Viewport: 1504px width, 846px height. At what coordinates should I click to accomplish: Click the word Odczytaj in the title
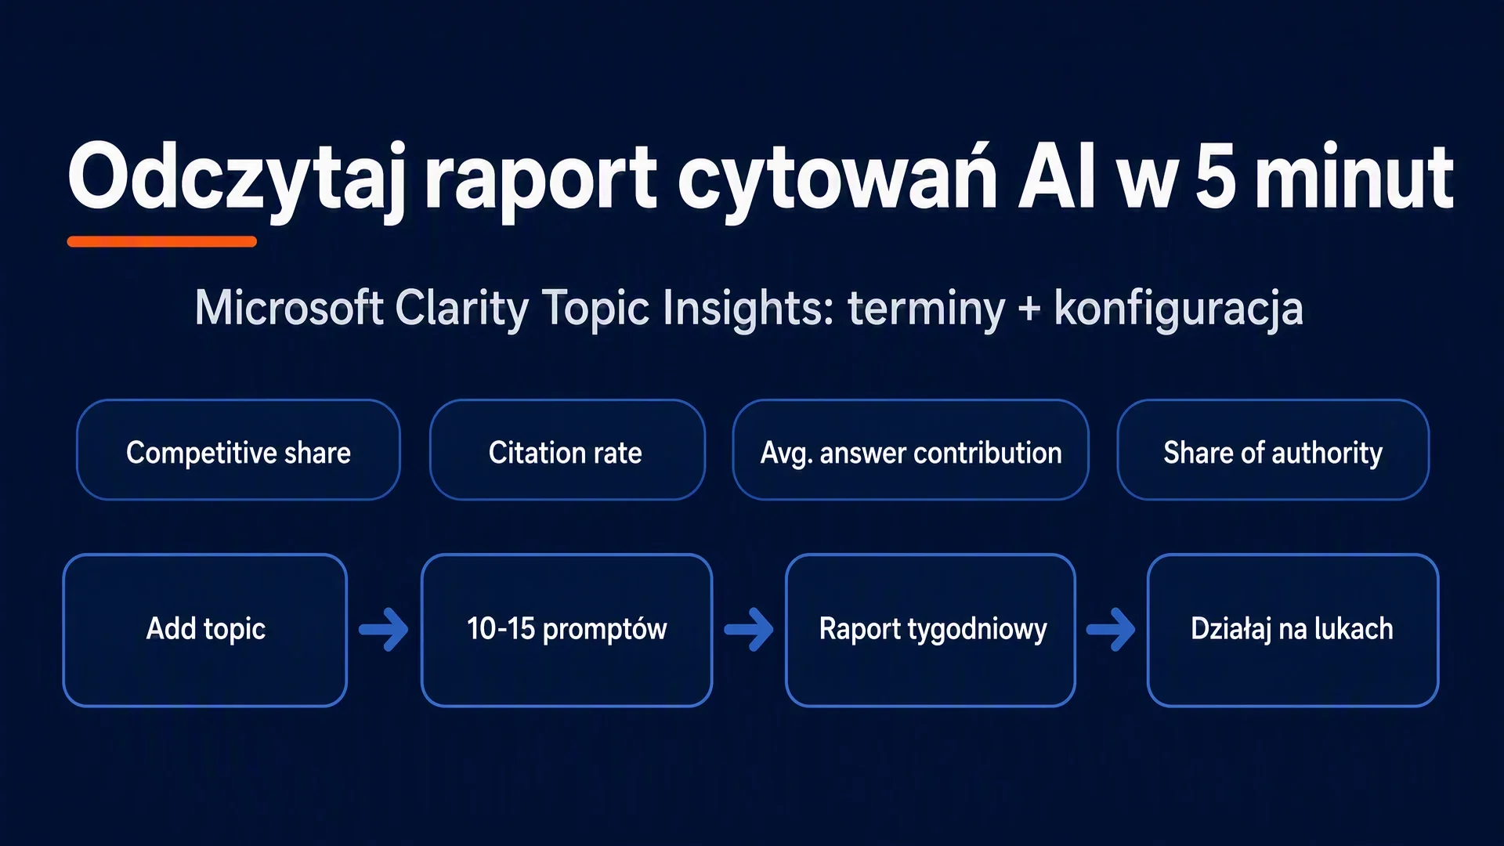click(237, 179)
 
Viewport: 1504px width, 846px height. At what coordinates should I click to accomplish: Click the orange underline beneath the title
click(162, 241)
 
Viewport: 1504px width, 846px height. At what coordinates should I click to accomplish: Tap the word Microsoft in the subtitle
click(289, 307)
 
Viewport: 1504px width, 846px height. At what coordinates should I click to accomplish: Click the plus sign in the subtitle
click(1029, 309)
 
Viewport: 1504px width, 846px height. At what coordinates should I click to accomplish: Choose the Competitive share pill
click(238, 450)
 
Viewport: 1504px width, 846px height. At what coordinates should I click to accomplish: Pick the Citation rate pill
click(567, 450)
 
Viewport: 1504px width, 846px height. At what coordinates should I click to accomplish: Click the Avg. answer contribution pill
click(910, 450)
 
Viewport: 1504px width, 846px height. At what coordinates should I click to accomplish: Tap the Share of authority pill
click(1273, 450)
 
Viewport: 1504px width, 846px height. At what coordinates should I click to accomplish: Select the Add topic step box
click(205, 630)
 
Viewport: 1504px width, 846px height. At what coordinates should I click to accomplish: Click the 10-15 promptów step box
click(566, 630)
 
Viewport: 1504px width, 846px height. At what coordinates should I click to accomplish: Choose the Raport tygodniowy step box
click(931, 630)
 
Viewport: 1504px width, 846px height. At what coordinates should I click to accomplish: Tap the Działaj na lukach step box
click(1292, 630)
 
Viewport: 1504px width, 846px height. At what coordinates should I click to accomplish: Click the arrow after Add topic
click(384, 629)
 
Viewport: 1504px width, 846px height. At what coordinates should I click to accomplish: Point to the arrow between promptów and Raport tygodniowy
click(749, 629)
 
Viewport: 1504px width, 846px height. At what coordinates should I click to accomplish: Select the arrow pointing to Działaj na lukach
click(1111, 629)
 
